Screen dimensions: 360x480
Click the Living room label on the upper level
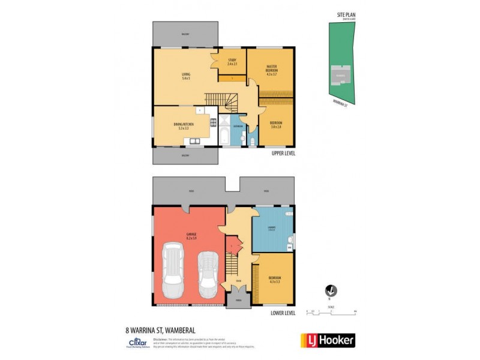point(186,76)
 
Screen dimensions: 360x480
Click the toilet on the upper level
point(253,141)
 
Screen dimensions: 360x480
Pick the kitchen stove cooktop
point(213,124)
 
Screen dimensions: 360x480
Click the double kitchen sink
point(194,142)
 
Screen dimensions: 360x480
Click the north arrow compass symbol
point(329,291)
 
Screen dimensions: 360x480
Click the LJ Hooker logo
point(328,340)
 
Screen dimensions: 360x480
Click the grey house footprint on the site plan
point(340,76)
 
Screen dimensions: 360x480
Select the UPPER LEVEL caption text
point(282,154)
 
